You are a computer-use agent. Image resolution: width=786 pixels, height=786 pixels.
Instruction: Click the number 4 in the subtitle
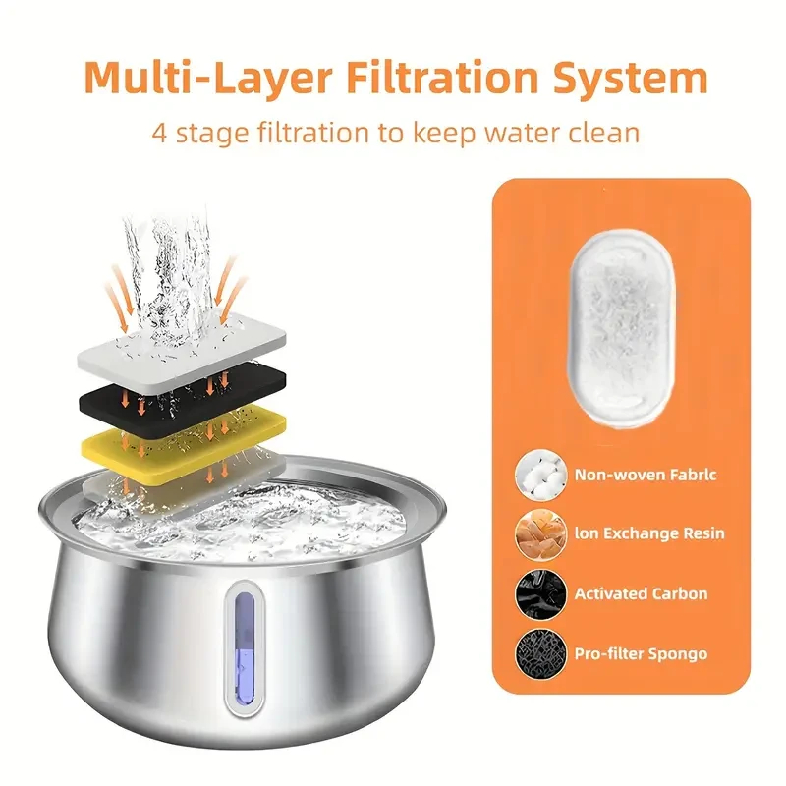click(160, 133)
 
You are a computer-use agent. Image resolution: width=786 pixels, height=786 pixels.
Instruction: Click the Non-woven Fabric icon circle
click(537, 476)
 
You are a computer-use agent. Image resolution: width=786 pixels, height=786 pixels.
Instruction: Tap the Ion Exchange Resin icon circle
click(537, 534)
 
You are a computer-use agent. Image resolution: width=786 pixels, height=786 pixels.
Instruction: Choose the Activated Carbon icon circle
click(537, 594)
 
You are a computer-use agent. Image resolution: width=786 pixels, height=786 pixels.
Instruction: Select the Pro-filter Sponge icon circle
click(537, 653)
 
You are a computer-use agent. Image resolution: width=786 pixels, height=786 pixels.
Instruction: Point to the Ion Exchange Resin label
click(649, 533)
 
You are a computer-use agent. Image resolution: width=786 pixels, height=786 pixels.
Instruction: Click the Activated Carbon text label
click(641, 593)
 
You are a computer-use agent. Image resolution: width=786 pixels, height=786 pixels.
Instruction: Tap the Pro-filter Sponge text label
click(641, 653)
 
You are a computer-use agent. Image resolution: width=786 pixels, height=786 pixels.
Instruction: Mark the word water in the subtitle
click(512, 133)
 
